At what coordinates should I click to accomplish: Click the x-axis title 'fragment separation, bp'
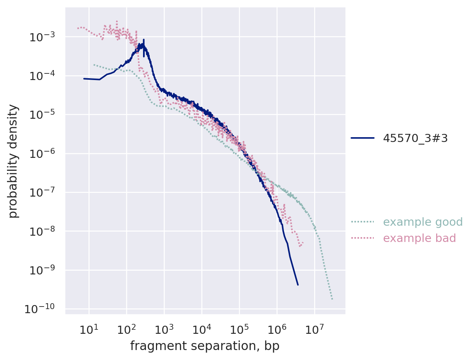(205, 346)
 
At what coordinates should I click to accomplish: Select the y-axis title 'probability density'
(13, 161)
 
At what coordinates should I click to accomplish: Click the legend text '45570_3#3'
(415, 138)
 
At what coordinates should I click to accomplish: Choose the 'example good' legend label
(422, 222)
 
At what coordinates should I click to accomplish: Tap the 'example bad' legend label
(419, 238)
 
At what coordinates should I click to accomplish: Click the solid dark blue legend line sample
(362, 138)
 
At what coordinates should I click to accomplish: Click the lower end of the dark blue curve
(298, 285)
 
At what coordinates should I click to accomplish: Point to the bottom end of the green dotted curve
(332, 299)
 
